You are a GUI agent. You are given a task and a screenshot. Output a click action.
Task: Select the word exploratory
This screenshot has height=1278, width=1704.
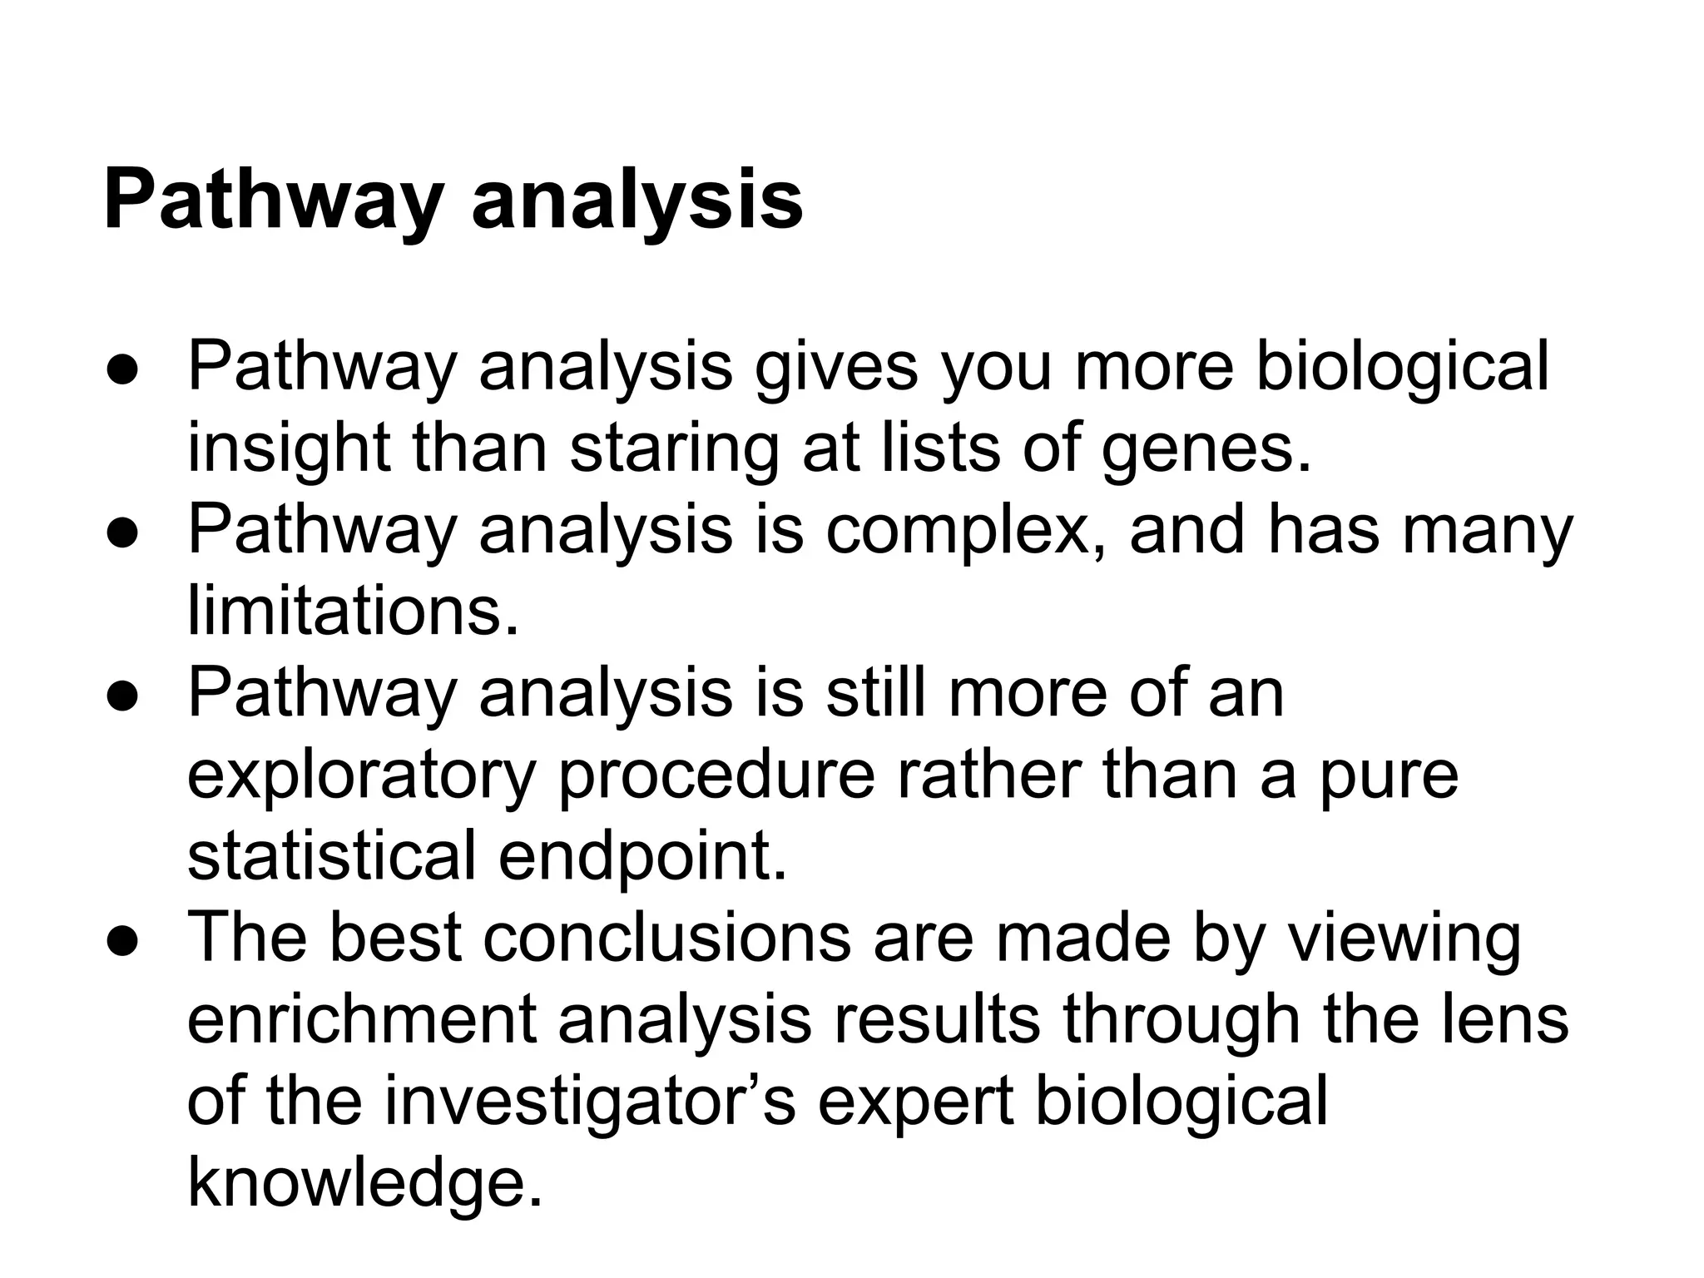[x=360, y=775]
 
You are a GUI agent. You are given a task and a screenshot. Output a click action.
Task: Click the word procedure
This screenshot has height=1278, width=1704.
[x=716, y=775]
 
